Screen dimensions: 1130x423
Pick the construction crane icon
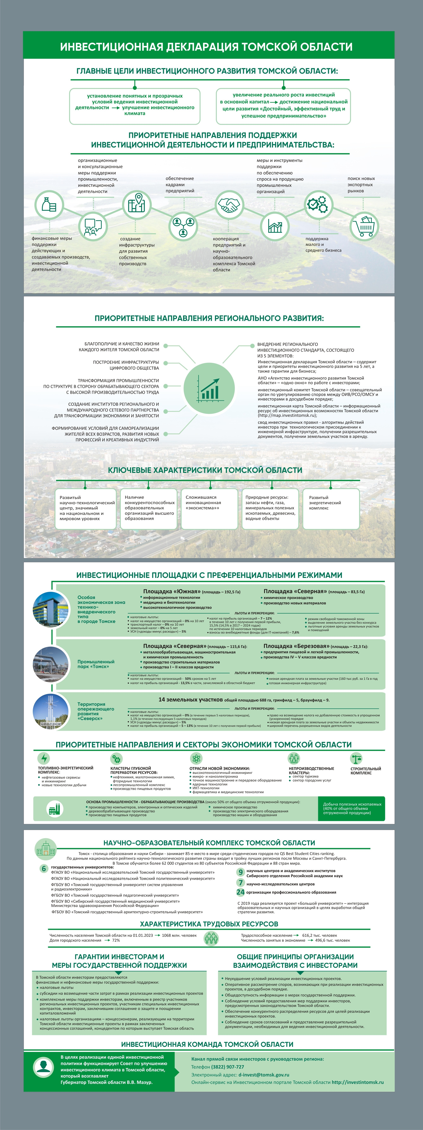click(x=356, y=758)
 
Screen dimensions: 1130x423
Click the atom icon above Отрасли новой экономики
click(x=196, y=758)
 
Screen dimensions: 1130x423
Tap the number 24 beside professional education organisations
click(x=240, y=892)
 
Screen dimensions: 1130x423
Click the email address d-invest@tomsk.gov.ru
click(x=263, y=1075)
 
